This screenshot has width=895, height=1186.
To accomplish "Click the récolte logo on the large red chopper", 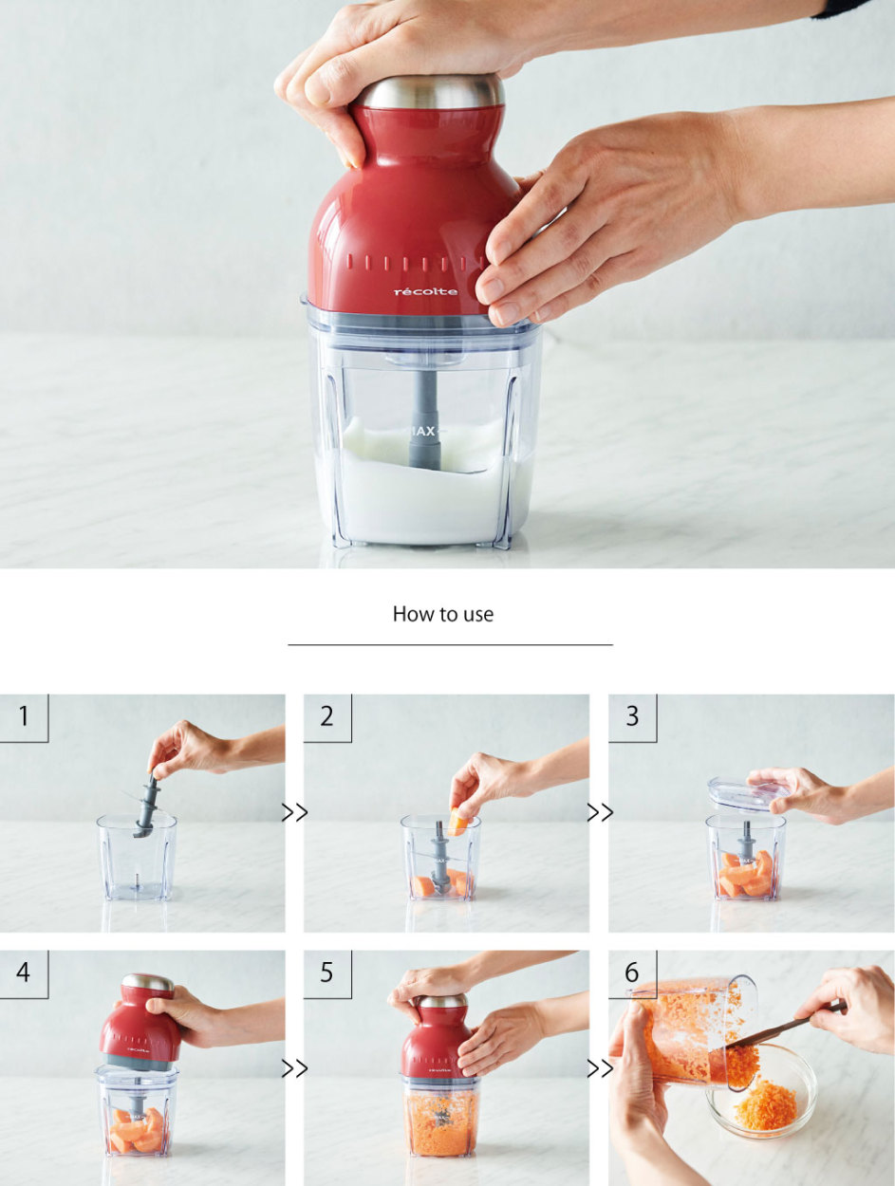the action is [x=426, y=292].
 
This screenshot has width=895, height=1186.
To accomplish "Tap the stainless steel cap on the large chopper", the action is [x=430, y=92].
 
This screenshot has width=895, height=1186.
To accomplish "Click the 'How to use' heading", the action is [x=443, y=614].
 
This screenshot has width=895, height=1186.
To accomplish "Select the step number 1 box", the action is [x=24, y=717].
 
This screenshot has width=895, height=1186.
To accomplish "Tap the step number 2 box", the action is [x=327, y=717].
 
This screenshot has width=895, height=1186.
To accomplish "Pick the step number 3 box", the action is [x=632, y=717].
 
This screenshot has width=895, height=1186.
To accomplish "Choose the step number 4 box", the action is [x=24, y=973].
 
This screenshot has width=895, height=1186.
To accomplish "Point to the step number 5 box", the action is [x=327, y=973].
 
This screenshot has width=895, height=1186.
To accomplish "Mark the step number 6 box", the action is [x=632, y=973].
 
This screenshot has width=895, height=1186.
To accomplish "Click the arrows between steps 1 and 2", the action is [x=294, y=812].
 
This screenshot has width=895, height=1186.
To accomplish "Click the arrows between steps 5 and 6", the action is [x=600, y=1068].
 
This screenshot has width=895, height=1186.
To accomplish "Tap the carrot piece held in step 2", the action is [x=458, y=822].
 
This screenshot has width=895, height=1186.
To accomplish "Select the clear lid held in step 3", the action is [x=749, y=795].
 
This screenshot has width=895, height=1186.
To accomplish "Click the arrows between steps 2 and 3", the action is [x=600, y=812].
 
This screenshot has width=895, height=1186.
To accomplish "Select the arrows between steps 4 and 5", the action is [x=294, y=1068].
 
